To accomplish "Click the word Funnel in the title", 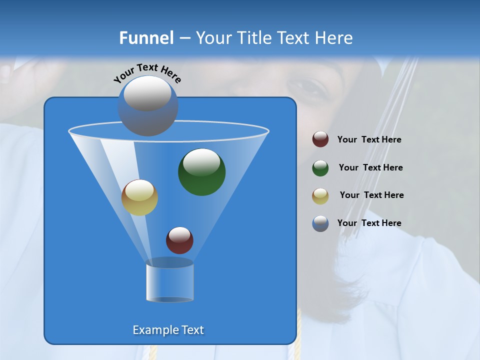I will coord(146,38).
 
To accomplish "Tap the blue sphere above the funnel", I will coord(147,106).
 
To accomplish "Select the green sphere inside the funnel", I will coord(201,172).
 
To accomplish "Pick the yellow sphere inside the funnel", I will coord(139,197).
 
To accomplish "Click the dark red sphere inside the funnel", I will coord(179,240).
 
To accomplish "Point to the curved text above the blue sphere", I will coord(147,73).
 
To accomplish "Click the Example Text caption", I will coord(168,330).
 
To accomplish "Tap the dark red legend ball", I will coord(320,139).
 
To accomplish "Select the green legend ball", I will coord(320,168).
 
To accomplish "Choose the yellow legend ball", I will coord(320,196).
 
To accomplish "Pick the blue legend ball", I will coord(320,223).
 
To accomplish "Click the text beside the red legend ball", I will coord(369,140).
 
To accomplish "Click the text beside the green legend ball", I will coord(370,168).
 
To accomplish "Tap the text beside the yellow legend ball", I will coord(371,195).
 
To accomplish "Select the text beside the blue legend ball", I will coord(369,223).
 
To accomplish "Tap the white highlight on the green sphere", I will coord(201,162).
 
